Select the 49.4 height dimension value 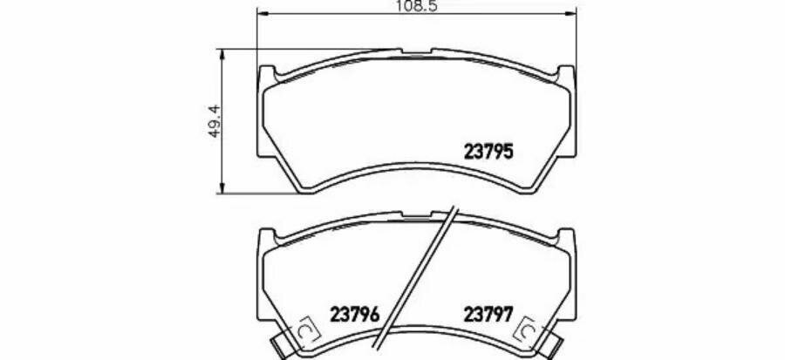215,121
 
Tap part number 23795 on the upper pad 488,151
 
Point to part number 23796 355,315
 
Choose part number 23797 488,315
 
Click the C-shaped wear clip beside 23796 305,330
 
